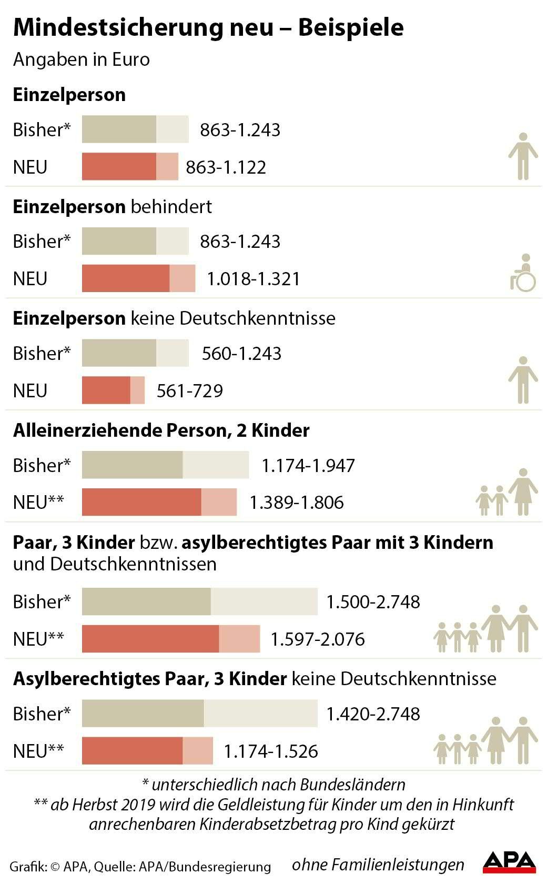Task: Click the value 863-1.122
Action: coord(226,167)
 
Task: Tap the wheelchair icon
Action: coord(522,273)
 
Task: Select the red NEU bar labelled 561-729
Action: coord(113,390)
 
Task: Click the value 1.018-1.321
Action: coord(253,279)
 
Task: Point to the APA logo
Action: coord(509,861)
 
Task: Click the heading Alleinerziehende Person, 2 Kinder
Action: coord(161,430)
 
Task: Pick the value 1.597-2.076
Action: coord(317,639)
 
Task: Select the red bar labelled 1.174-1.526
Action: coord(147,751)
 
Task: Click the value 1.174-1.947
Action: coord(308,466)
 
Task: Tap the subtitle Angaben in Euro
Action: coord(82,59)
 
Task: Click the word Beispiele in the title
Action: coord(351,27)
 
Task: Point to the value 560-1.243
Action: coord(241,354)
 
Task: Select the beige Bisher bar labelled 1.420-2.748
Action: coord(199,714)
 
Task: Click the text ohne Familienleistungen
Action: coord(378,864)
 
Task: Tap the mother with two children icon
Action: coord(507,493)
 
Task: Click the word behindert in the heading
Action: coord(171,207)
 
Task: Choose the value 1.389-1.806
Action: coord(296,503)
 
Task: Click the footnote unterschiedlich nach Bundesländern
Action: coord(273,785)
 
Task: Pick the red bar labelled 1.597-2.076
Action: coord(170,639)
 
